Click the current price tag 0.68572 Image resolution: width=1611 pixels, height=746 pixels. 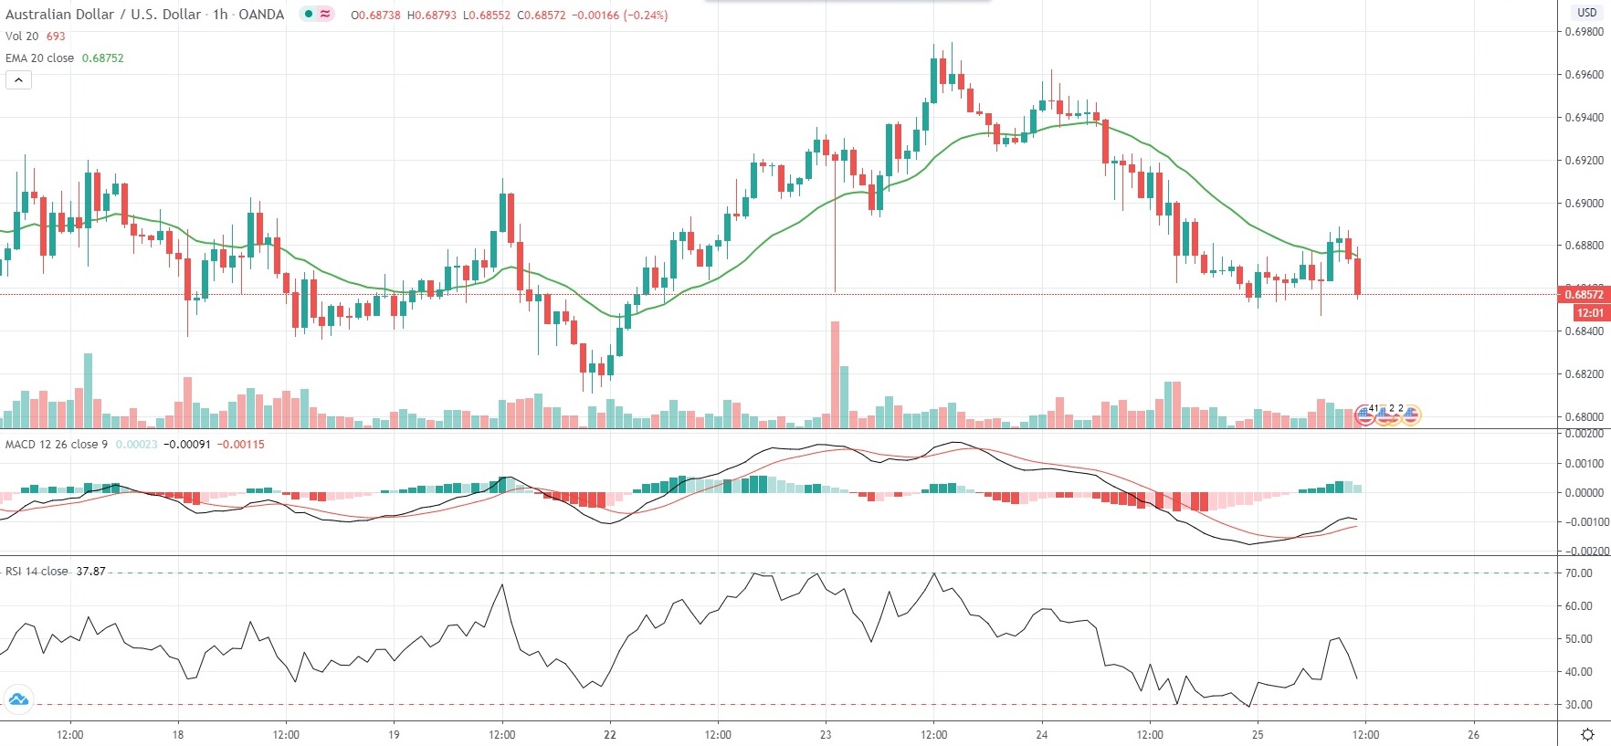point(1584,294)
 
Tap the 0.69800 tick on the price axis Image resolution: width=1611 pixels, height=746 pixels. point(1584,32)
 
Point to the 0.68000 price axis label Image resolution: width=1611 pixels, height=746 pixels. point(1584,416)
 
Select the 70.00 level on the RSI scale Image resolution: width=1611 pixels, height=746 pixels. point(1578,573)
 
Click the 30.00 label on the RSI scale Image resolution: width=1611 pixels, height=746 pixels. point(1578,705)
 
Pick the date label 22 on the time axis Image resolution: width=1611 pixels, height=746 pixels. point(610,734)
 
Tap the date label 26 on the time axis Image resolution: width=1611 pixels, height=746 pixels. point(1473,734)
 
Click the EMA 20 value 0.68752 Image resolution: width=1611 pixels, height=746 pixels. point(102,58)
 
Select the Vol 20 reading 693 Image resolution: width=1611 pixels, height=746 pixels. point(56,37)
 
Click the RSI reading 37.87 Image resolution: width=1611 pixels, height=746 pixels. point(90,572)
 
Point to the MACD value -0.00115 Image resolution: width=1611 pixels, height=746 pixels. point(242,445)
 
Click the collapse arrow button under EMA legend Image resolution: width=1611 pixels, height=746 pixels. point(18,80)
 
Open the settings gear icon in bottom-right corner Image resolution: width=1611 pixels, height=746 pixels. point(1587,734)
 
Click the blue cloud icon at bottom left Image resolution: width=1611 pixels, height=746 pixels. point(18,700)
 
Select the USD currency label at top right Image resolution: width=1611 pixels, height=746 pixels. point(1586,13)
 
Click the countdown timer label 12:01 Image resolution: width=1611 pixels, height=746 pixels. point(1589,313)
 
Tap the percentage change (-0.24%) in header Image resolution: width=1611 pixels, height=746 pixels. point(645,16)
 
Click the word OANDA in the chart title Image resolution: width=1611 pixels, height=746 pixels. point(261,15)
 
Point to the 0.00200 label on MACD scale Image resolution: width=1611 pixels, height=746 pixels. point(1584,434)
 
